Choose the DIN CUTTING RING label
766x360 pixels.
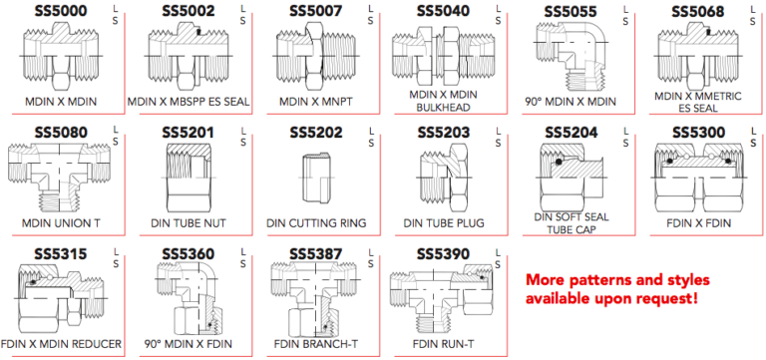314,222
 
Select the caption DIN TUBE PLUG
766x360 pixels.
443,222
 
